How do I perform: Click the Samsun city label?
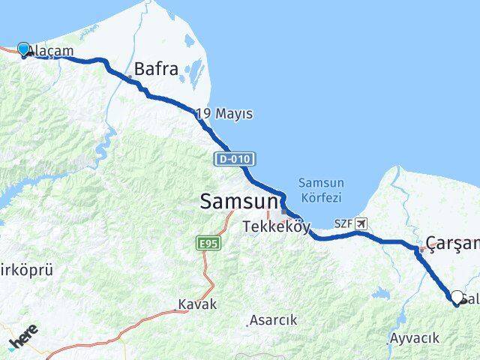point(238,202)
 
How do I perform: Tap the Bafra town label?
point(156,70)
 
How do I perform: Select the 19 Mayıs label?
point(223,114)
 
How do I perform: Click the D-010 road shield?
point(235,159)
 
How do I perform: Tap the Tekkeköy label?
point(276,226)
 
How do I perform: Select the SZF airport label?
point(343,223)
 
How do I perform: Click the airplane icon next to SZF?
point(362,223)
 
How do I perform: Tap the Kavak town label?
point(198,304)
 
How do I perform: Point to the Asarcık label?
point(274,320)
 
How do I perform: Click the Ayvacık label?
point(415,338)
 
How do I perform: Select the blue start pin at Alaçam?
point(23,49)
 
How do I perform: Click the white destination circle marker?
point(457,297)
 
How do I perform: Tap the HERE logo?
point(24,338)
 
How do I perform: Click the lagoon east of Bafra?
point(193,71)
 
